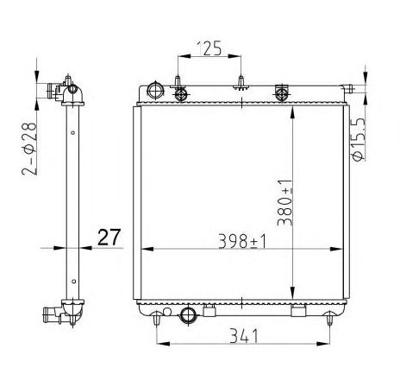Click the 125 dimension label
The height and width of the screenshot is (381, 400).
click(x=209, y=48)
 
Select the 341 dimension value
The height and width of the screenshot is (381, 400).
click(x=244, y=336)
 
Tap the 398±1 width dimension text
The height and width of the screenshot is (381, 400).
click(x=242, y=241)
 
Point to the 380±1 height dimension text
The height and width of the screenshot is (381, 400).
click(x=284, y=202)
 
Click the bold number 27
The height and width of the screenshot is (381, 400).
click(x=109, y=238)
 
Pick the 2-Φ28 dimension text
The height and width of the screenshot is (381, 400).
click(x=29, y=149)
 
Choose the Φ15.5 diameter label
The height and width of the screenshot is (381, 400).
click(x=359, y=139)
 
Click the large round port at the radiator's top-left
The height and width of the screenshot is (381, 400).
click(x=155, y=91)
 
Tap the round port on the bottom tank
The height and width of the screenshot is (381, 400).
click(x=188, y=315)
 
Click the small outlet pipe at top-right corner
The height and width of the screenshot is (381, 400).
click(x=347, y=87)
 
